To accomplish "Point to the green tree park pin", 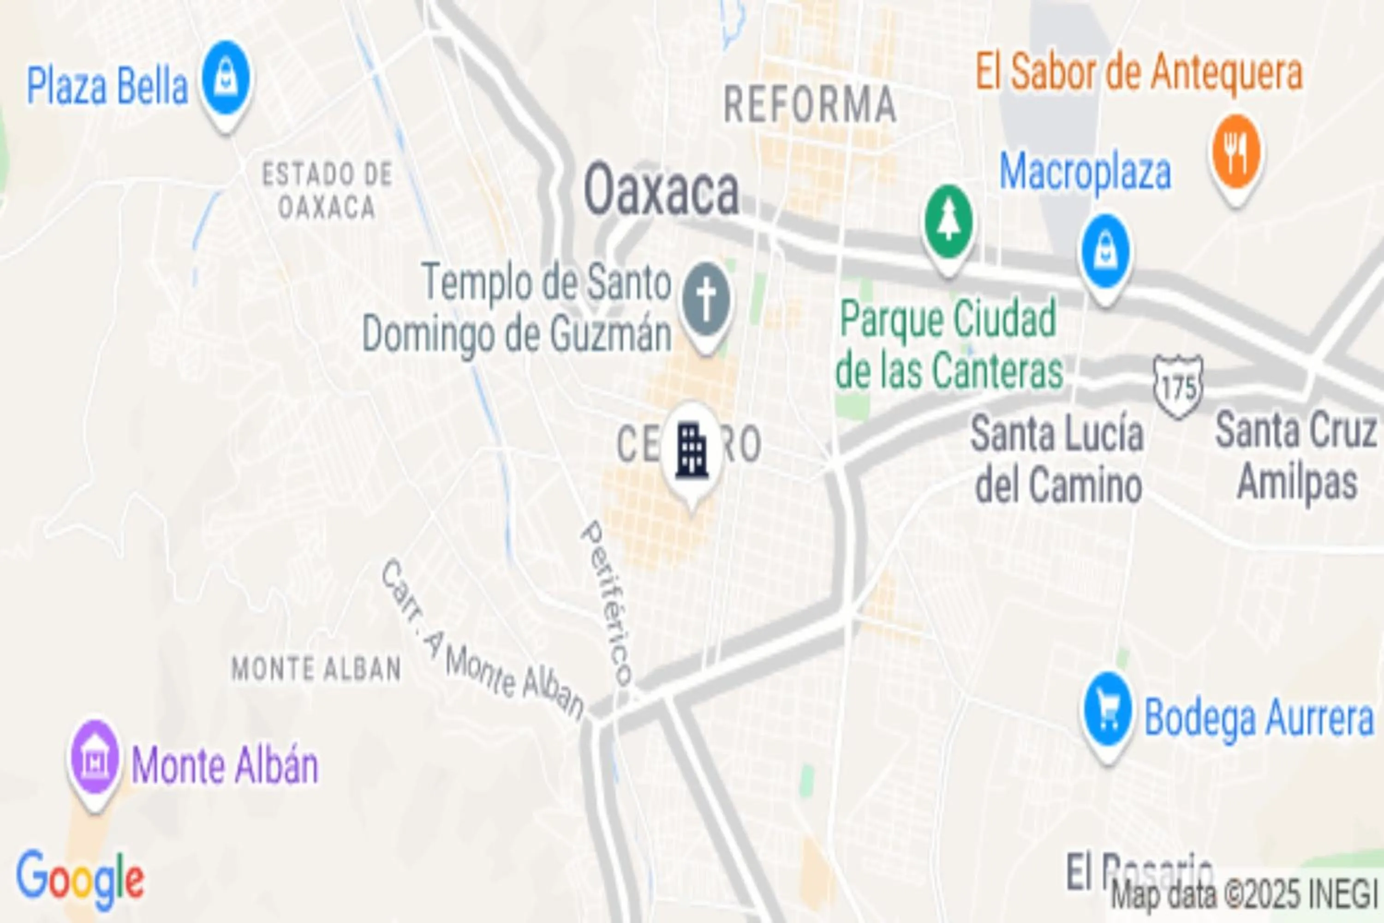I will [x=948, y=224].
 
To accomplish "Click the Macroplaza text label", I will [x=1085, y=172].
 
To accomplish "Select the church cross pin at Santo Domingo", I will [x=706, y=301].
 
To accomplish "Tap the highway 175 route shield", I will [x=1177, y=387].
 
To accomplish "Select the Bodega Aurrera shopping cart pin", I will [x=1108, y=711].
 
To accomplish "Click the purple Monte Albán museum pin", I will [x=94, y=759].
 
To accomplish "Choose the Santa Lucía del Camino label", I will [x=1057, y=459].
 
